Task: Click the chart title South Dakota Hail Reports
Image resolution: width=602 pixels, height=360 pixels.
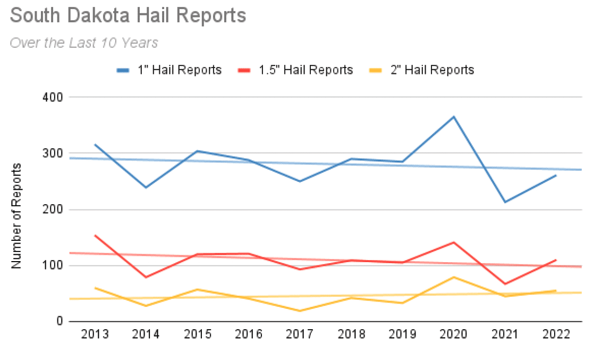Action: tap(128, 16)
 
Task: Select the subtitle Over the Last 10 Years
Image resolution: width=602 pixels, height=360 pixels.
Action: tap(84, 43)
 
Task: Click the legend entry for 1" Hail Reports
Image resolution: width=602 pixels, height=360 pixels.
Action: tap(169, 70)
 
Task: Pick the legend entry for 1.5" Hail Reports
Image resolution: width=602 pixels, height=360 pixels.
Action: tap(295, 70)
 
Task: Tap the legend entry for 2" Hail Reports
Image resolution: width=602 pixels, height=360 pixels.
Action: tap(421, 70)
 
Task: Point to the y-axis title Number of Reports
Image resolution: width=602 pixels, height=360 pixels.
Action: tap(16, 216)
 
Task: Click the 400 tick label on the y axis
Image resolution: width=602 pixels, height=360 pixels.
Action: tap(53, 97)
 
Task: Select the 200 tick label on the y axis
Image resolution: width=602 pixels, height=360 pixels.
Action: tap(53, 210)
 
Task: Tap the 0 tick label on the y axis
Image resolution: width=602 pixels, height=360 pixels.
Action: tap(60, 321)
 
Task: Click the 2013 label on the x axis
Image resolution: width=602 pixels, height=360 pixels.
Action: tap(95, 334)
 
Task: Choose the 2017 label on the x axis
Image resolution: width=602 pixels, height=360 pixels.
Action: tap(300, 334)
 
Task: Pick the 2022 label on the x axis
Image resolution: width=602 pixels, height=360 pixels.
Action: tap(556, 334)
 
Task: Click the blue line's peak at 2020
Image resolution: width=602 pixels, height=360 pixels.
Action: tap(454, 116)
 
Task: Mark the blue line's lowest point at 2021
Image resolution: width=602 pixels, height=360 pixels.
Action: tap(505, 202)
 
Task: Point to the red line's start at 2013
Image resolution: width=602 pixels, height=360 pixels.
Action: tap(95, 236)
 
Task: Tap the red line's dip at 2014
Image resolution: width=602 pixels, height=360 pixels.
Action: tap(146, 277)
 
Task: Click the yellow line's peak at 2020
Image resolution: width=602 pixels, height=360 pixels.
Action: tap(454, 277)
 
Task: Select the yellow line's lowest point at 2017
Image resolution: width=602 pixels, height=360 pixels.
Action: tap(300, 311)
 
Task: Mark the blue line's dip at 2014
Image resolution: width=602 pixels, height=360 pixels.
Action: tap(146, 188)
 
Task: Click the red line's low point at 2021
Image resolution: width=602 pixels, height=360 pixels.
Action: tap(505, 284)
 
